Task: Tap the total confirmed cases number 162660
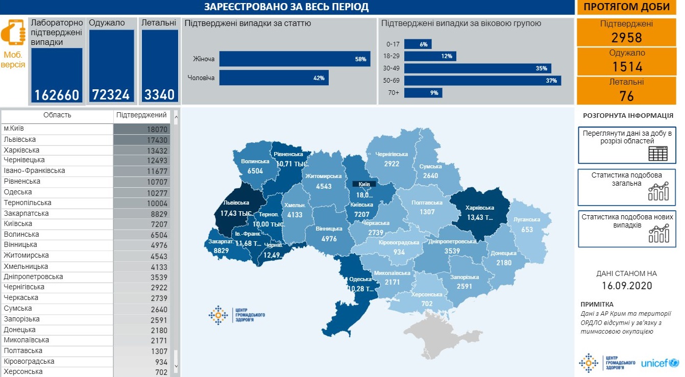[57, 95]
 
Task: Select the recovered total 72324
[111, 95]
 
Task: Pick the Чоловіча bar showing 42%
[274, 78]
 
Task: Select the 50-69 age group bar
[482, 81]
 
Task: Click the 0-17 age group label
[393, 44]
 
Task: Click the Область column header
[57, 115]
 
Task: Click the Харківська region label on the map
[479, 208]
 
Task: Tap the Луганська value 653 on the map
[527, 230]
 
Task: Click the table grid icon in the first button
[657, 153]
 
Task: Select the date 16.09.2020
[626, 286]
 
